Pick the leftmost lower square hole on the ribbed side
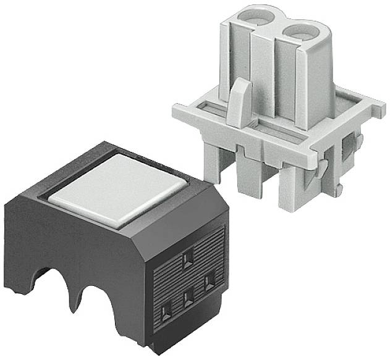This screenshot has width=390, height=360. pyautogui.click(x=166, y=312)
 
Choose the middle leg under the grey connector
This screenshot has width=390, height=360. pyautogui.click(x=247, y=176)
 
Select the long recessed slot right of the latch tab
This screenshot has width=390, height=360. pyautogui.click(x=284, y=136)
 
